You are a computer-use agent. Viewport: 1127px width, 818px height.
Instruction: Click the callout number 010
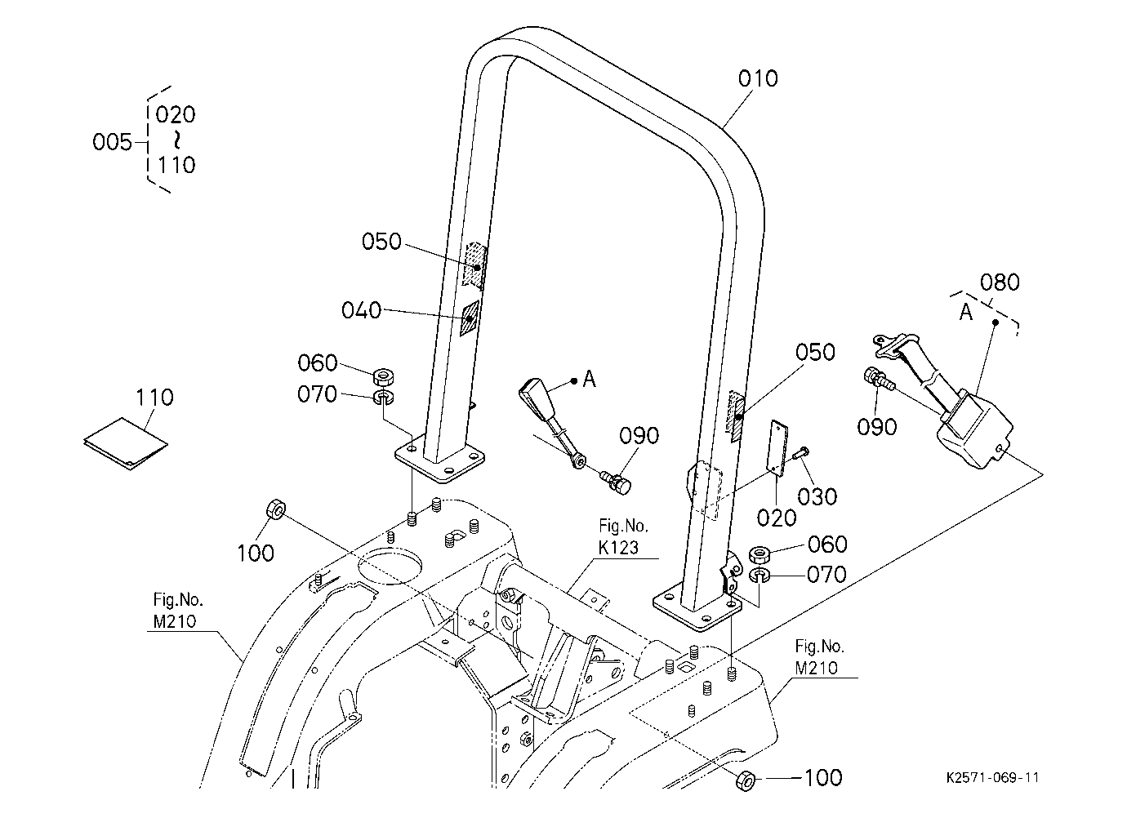[x=758, y=78]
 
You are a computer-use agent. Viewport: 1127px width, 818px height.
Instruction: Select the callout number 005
[x=112, y=142]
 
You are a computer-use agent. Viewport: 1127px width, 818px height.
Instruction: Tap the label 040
[x=361, y=310]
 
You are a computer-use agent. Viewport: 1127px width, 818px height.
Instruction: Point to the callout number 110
[x=155, y=398]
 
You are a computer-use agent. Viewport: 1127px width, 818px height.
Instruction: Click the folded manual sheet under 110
[x=126, y=444]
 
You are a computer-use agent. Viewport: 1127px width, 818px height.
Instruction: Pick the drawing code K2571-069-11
[x=992, y=778]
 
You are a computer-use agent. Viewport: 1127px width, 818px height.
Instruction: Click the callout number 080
[x=1000, y=282]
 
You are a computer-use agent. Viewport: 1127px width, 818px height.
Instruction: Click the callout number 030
[x=817, y=496]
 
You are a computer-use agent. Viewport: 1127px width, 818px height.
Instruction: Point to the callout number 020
[x=777, y=518]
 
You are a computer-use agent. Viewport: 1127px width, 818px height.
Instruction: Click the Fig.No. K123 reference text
[x=623, y=536]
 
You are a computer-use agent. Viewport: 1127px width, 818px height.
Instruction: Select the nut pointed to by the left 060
[x=383, y=376]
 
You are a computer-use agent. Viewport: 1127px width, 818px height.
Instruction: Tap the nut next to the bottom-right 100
[x=745, y=780]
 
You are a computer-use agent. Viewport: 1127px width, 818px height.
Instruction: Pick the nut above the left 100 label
[x=276, y=509]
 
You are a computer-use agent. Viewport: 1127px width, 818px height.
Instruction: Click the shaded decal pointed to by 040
[x=470, y=318]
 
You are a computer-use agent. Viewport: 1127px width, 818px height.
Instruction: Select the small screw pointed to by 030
[x=801, y=452]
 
